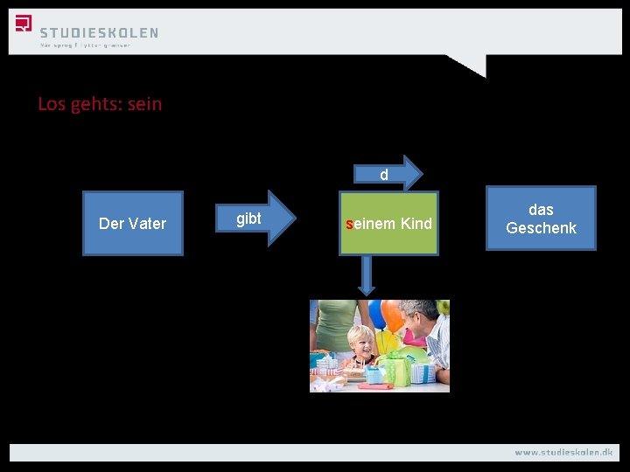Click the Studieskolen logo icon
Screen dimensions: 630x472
[24, 24]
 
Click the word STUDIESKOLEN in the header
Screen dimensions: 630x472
[99, 32]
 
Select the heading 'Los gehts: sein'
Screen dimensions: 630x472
[100, 104]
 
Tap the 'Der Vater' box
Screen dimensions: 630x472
[133, 223]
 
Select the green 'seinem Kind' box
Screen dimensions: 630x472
[389, 224]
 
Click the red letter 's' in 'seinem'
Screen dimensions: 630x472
[348, 224]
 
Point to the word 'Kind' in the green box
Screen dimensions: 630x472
[416, 224]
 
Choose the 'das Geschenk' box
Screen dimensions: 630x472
[541, 219]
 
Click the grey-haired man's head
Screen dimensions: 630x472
[419, 315]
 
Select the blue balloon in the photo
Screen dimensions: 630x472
[377, 312]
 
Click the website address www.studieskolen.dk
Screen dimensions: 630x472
[563, 452]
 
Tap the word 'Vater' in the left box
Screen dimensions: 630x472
[147, 223]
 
